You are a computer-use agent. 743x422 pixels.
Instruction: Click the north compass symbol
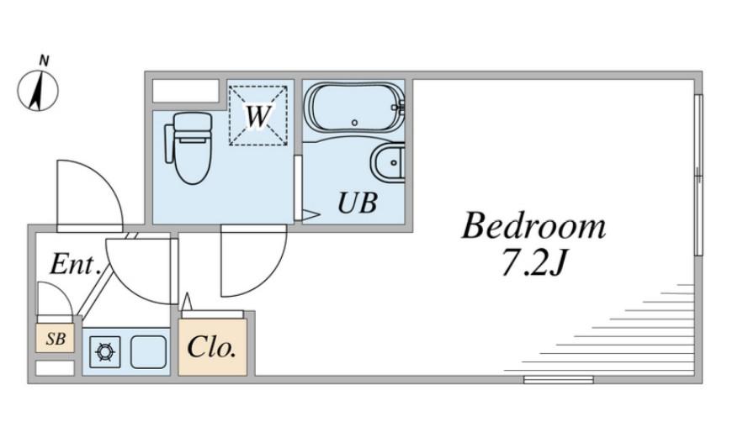(38, 91)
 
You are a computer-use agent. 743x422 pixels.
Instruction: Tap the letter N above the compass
(44, 61)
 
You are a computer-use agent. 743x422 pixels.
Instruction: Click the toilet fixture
(189, 148)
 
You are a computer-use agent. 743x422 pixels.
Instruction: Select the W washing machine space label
(258, 115)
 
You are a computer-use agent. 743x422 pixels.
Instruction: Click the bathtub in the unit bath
(354, 108)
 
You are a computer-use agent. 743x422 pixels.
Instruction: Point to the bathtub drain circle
(354, 123)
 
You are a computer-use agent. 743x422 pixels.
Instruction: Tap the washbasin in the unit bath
(388, 162)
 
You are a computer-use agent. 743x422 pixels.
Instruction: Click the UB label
(358, 203)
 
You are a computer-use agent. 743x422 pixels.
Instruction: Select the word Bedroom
(533, 226)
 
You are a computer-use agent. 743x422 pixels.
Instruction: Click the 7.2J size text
(533, 262)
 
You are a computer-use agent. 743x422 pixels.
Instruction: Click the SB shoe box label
(56, 339)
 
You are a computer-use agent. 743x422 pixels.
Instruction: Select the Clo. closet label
(212, 347)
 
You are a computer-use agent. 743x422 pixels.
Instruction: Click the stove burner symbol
(105, 352)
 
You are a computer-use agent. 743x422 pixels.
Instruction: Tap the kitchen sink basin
(148, 352)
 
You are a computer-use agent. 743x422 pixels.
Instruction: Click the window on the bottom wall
(559, 379)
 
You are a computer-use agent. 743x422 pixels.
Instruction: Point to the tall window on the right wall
(698, 175)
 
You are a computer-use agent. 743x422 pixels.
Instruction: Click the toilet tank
(193, 122)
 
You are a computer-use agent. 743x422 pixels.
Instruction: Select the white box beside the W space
(185, 91)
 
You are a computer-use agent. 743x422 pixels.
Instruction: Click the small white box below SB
(55, 368)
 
